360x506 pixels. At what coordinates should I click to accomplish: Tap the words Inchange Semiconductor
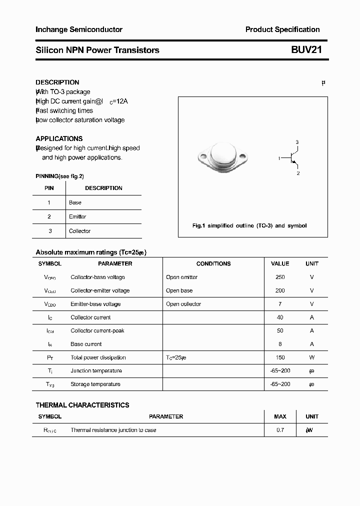pos(79,29)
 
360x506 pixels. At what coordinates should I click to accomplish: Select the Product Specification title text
pos(282,29)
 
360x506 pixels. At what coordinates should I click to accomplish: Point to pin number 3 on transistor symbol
pos(297,142)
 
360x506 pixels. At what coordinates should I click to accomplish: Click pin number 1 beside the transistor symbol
pos(279,158)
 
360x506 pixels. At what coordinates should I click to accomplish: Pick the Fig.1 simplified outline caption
pos(249,225)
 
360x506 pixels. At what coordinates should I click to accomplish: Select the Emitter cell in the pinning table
pos(77,216)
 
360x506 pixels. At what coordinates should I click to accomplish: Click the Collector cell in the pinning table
pos(79,231)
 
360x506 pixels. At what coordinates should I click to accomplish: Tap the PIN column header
pos(49,188)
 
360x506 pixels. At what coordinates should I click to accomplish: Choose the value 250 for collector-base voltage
pos(280,277)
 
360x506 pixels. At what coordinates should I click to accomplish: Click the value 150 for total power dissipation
pos(280,357)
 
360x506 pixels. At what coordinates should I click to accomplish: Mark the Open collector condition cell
pos(183,304)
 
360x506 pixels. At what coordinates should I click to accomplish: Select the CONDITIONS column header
pos(213,263)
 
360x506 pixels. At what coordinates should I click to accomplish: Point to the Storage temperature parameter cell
pos(95,384)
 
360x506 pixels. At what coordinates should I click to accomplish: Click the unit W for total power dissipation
pos(311,357)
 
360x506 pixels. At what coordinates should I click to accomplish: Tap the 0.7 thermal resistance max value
pos(280,430)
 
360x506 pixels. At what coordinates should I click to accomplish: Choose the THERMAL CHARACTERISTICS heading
pos(82,405)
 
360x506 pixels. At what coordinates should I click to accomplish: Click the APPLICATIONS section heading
pos(59,138)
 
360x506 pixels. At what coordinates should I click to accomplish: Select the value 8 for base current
pos(280,344)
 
